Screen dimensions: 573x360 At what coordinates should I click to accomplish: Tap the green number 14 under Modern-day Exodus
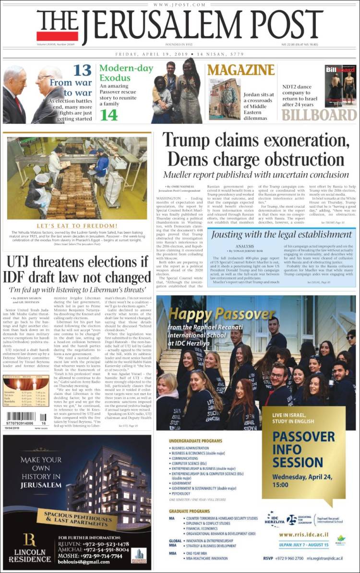click(108, 115)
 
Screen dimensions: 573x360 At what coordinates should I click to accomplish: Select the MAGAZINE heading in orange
click(241, 70)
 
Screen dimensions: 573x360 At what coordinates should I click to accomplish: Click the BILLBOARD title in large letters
click(319, 115)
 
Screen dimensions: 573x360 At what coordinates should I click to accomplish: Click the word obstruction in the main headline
click(301, 159)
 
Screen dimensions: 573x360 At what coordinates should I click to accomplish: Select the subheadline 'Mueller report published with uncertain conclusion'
click(255, 175)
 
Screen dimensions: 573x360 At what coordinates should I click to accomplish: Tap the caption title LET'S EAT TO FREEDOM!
click(77, 225)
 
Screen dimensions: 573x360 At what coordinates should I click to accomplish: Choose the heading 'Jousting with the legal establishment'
click(282, 235)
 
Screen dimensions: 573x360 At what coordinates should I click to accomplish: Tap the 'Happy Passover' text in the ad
click(221, 314)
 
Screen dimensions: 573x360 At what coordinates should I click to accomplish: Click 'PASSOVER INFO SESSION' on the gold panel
click(303, 449)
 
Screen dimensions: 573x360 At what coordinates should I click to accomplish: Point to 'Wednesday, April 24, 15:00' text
click(304, 481)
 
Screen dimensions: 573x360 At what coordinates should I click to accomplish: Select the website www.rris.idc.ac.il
click(303, 534)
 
